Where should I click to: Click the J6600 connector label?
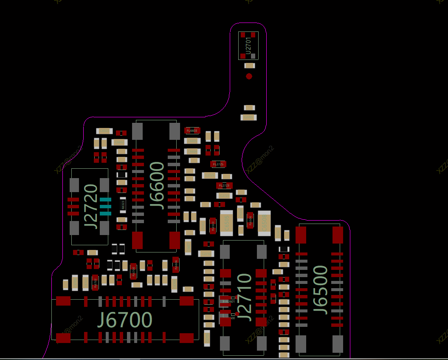point(157,185)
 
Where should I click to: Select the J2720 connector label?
point(91,207)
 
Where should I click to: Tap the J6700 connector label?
point(125,320)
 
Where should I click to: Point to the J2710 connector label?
point(245,297)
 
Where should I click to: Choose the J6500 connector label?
point(320,290)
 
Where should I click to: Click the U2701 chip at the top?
point(248,45)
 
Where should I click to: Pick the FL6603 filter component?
point(192,130)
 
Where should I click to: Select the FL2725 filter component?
point(218,164)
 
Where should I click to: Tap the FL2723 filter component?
point(224,185)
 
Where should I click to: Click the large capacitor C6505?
point(226,223)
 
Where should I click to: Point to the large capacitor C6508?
point(264,223)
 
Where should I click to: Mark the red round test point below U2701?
point(249,77)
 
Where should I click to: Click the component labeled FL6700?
point(133,270)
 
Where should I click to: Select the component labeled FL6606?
point(176,264)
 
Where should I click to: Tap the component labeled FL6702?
point(95,282)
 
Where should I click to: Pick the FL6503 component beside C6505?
point(213,226)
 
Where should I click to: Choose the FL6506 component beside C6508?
point(250,220)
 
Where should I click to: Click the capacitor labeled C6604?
point(192,141)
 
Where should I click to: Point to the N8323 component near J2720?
point(123,205)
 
